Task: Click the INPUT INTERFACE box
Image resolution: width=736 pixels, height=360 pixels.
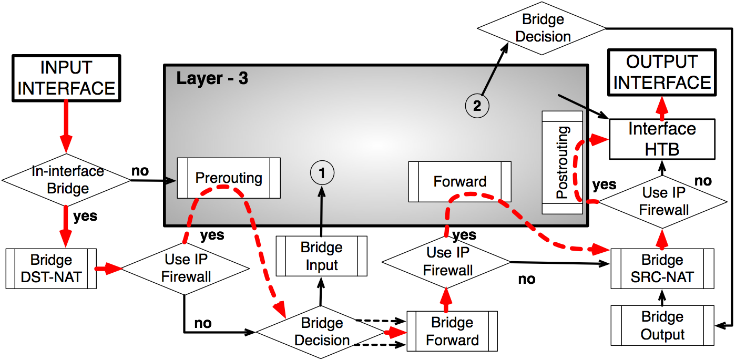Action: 66,78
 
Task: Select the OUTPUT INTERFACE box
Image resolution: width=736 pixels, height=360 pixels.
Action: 662,72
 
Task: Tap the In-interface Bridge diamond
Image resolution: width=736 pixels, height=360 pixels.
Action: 67,180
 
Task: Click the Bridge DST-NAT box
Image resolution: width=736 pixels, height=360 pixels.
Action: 51,269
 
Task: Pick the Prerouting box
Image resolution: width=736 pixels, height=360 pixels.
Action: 229,178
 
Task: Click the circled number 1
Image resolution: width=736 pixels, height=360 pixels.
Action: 322,172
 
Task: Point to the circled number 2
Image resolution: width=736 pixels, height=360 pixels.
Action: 477,106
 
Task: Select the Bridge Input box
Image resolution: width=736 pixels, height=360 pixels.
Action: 322,256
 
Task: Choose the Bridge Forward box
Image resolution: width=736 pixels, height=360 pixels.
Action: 452,331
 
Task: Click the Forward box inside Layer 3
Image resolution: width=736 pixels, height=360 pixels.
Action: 460,182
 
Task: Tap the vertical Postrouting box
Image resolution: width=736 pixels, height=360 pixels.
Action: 562,162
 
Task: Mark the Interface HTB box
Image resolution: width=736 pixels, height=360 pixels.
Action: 662,139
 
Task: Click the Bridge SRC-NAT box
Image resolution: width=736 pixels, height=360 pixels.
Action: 662,269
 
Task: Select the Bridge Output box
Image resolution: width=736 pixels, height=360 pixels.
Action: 662,325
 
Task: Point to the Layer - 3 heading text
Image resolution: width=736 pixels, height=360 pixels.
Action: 212,78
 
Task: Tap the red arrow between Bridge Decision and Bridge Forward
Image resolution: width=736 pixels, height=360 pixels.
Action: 396,332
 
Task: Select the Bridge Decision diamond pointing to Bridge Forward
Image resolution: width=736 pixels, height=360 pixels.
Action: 322,332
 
